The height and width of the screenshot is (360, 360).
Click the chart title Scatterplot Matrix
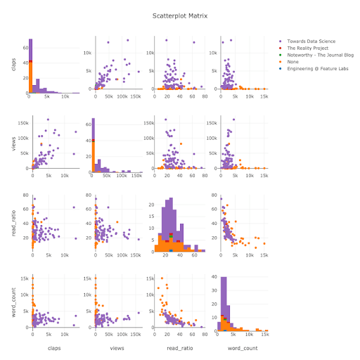point(180,15)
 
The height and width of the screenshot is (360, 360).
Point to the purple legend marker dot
point(281,42)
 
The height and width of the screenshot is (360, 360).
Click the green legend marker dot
point(281,58)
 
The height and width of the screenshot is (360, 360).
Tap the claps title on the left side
point(13,64)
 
